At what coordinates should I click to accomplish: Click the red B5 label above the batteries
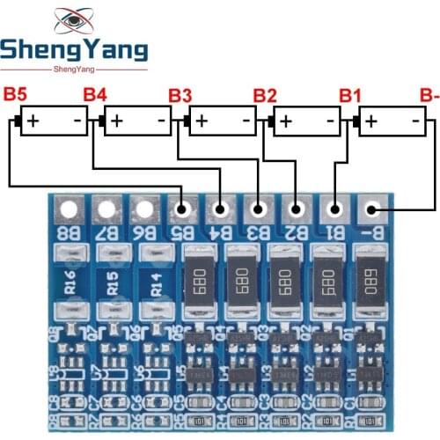click(16, 94)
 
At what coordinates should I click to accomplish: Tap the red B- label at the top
click(429, 94)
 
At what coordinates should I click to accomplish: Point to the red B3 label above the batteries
click(180, 94)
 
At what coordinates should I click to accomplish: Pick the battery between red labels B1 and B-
click(391, 120)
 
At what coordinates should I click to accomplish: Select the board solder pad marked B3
click(258, 209)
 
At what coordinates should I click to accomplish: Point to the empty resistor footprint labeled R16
click(69, 282)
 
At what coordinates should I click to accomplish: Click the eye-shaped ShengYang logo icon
click(74, 21)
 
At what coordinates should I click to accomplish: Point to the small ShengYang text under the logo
click(74, 70)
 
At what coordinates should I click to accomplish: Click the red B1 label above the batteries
click(350, 94)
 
